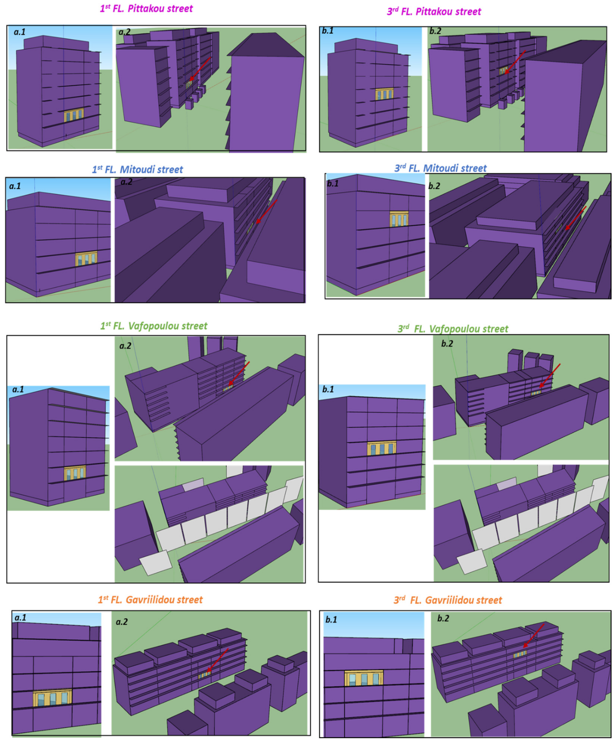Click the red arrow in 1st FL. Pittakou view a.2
(x=200, y=69)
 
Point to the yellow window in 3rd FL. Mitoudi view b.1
(x=399, y=219)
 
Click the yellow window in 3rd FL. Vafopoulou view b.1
(x=381, y=448)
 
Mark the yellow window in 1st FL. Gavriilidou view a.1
(x=53, y=698)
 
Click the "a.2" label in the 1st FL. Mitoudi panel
(x=126, y=182)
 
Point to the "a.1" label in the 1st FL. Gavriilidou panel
(x=20, y=618)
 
